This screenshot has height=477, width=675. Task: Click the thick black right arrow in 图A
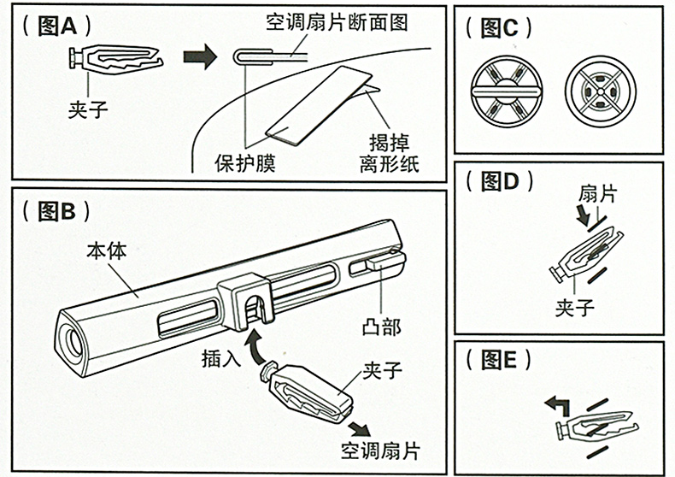click(202, 58)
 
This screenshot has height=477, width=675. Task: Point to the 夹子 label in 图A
click(90, 109)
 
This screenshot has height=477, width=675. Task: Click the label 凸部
click(382, 327)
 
